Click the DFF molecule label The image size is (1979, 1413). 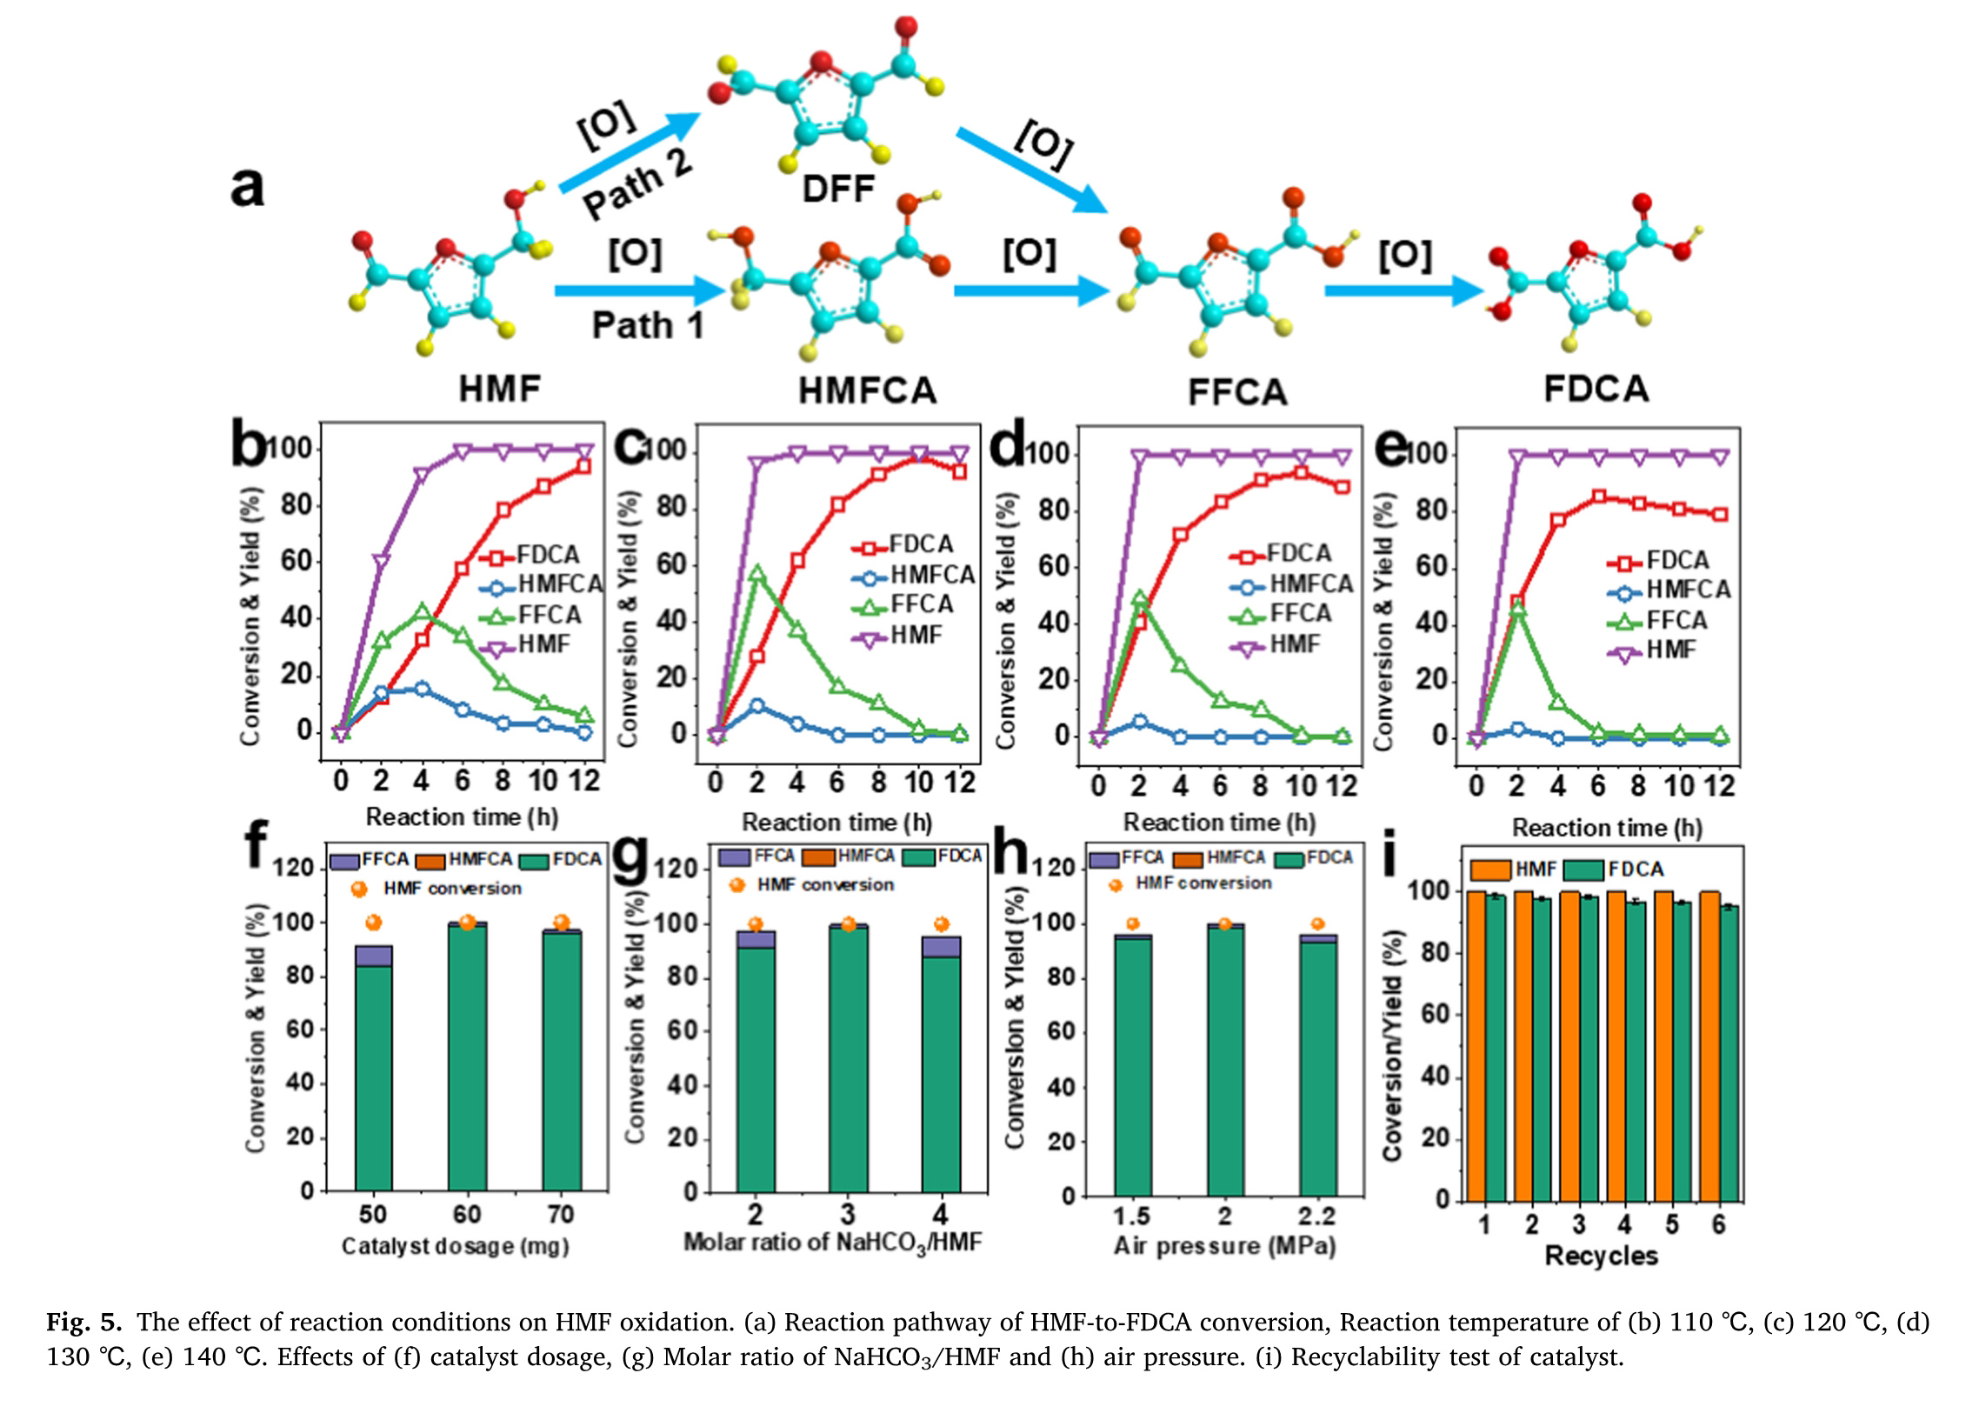click(837, 189)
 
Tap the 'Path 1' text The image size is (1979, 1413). click(647, 325)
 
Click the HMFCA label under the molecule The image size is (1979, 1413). click(867, 390)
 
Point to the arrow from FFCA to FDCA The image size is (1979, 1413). click(1403, 290)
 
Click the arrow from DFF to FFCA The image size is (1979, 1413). click(1032, 170)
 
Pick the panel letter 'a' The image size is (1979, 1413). click(247, 186)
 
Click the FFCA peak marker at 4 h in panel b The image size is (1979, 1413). click(422, 611)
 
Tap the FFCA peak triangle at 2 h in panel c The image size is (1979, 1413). click(756, 573)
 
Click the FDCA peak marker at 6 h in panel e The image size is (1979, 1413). click(1599, 497)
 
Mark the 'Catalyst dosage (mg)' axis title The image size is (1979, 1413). click(455, 1247)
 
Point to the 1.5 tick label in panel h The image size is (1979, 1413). click(1132, 1216)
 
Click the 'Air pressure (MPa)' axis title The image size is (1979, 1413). click(1225, 1246)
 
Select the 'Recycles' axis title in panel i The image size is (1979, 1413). click(1601, 1256)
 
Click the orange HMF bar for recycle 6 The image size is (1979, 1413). click(1709, 1044)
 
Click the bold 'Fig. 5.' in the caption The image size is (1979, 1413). click(84, 1323)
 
